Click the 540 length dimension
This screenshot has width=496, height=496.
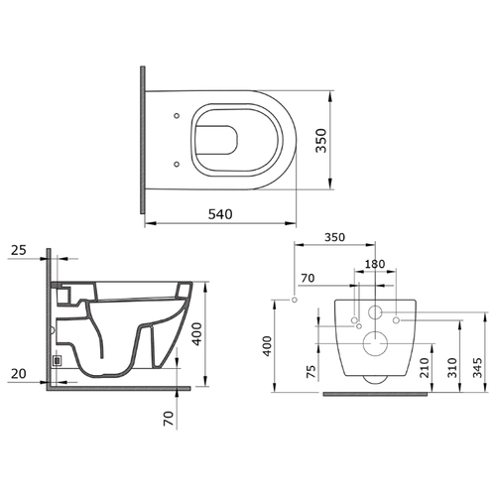[x=220, y=214]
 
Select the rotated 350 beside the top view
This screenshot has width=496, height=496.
[x=320, y=141]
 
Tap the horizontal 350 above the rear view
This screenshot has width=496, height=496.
[x=334, y=237]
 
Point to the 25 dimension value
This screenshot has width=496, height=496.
[x=19, y=250]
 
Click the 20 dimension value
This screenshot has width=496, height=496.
[x=19, y=374]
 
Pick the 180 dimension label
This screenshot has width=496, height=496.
[x=375, y=264]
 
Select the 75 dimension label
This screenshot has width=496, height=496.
[x=311, y=371]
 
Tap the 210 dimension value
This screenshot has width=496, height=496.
[x=425, y=367]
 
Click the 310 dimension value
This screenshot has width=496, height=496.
[x=452, y=367]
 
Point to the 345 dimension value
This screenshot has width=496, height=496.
[x=477, y=367]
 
